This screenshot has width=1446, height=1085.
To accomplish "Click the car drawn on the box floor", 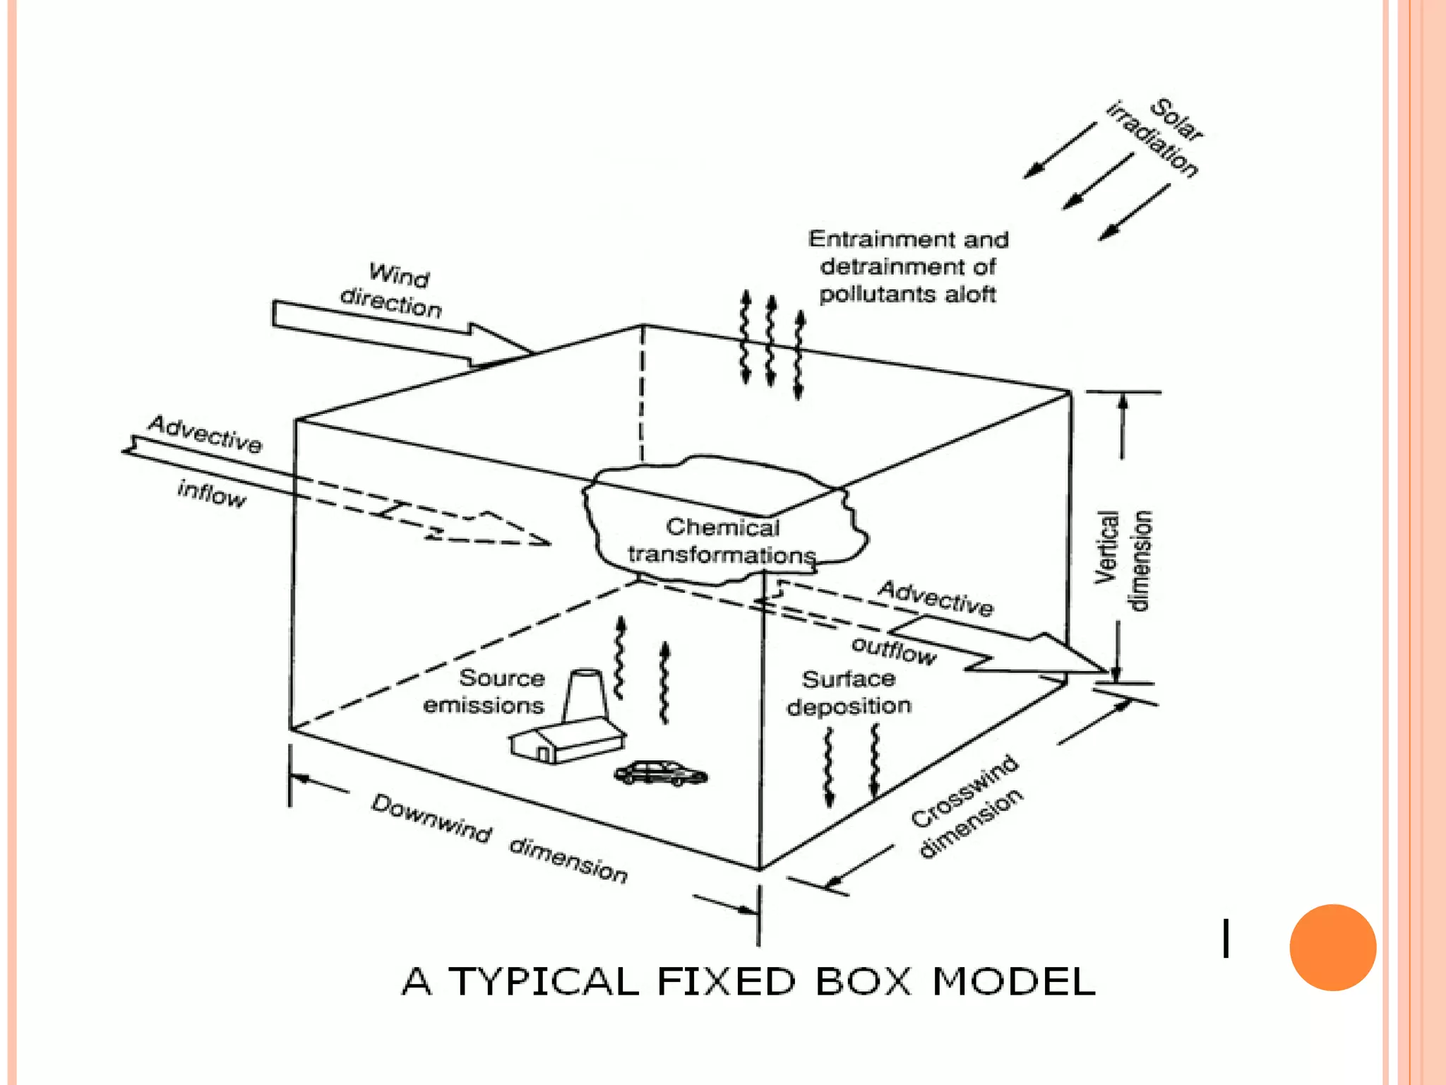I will click(x=660, y=773).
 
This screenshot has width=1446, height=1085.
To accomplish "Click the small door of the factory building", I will click(x=544, y=754).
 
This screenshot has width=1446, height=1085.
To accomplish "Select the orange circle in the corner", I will click(x=1332, y=947).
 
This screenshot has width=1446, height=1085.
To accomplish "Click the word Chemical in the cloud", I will click(x=722, y=527).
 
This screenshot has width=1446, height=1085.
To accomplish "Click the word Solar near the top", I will click(x=1176, y=119).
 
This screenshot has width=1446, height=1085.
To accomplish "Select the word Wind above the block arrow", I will click(x=399, y=275).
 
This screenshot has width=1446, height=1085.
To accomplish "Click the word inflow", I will click(x=211, y=494).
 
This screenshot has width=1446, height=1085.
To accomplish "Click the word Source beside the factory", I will click(x=502, y=678).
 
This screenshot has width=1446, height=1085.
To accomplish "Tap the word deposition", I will click(x=849, y=706).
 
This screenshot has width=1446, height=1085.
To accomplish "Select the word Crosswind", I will click(x=964, y=791).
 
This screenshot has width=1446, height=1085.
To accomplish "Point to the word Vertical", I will click(x=1106, y=547).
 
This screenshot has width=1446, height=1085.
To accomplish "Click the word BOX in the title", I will click(x=864, y=981).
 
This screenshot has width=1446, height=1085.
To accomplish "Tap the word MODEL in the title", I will click(x=1013, y=981).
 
